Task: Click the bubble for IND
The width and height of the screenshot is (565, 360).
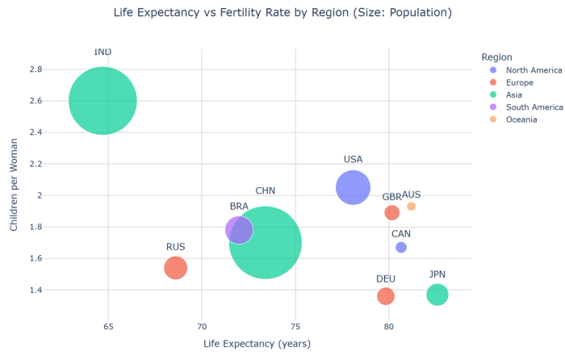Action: [x=103, y=101]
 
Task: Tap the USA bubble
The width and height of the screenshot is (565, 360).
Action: [x=353, y=188]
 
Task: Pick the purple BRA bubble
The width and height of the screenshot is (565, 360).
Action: [x=238, y=230]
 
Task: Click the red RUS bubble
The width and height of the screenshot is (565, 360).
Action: [x=176, y=267]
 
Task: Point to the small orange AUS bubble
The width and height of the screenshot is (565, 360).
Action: [x=411, y=207]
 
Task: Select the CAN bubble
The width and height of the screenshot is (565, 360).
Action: [x=401, y=247]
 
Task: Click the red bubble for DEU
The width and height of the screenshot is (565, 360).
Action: [x=386, y=296]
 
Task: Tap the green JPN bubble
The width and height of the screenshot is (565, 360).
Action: [x=437, y=295]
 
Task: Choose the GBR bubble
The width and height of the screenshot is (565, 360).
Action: [x=392, y=212]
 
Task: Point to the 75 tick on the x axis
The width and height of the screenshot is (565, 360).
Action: [x=295, y=326]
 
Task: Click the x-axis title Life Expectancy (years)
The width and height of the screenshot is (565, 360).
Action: [x=257, y=344]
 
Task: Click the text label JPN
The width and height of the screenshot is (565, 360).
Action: [x=437, y=274]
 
